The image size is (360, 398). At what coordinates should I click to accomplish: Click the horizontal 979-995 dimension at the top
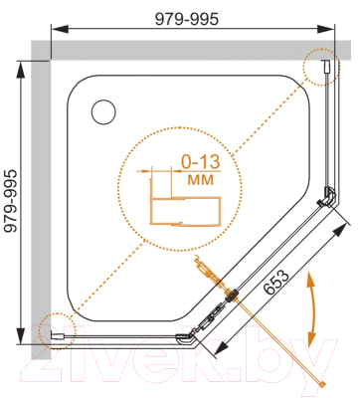click(x=187, y=19)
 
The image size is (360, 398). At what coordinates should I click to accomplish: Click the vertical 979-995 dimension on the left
click(x=11, y=201)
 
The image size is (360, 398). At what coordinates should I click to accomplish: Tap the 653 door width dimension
click(x=276, y=282)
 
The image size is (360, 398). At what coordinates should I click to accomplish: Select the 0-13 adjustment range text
click(x=200, y=162)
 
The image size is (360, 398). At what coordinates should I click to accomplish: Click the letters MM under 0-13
click(x=200, y=180)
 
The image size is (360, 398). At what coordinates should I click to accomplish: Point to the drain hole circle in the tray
click(x=103, y=112)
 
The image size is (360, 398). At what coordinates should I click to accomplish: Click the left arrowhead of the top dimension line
click(x=59, y=29)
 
